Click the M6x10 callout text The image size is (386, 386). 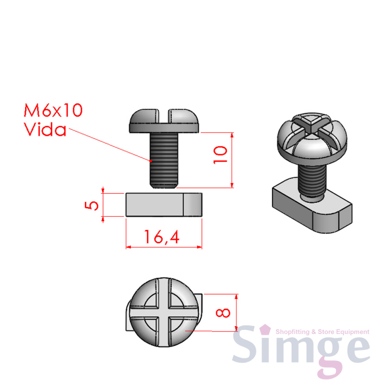coord(53,110)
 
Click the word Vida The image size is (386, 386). coord(45,129)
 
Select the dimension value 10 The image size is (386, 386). coord(220,155)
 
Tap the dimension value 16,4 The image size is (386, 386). coord(162,237)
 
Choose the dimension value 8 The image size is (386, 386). coord(223,313)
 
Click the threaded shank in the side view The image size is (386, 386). coord(164,160)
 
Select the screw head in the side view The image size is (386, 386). coord(164,121)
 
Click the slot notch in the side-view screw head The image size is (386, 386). coord(164,115)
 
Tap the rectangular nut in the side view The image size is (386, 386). coord(164,205)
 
